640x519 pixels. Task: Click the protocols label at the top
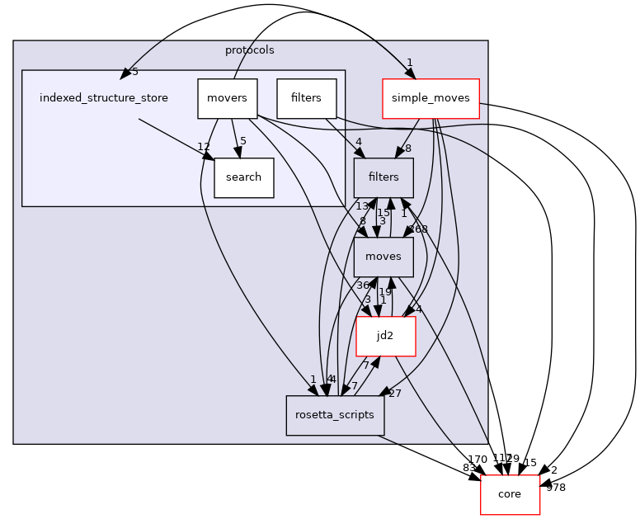(x=249, y=50)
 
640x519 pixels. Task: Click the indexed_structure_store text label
(x=104, y=98)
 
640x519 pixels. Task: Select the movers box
(x=228, y=98)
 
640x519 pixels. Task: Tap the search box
(x=243, y=177)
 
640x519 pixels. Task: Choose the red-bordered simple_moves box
(x=430, y=98)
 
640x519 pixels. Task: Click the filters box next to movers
(x=306, y=98)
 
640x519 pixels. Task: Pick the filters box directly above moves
(x=384, y=177)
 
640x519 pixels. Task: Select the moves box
(x=384, y=257)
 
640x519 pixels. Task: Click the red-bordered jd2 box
(x=385, y=337)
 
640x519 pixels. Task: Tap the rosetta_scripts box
(x=335, y=416)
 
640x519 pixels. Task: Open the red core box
(x=510, y=494)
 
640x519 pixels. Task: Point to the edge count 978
(x=556, y=488)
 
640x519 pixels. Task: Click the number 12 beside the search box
(x=204, y=147)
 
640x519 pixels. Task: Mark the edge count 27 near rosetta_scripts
(x=394, y=394)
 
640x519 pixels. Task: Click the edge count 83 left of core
(x=468, y=468)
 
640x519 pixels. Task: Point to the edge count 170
(x=477, y=459)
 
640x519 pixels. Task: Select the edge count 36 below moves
(x=362, y=285)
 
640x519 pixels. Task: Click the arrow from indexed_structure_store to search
(x=173, y=136)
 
